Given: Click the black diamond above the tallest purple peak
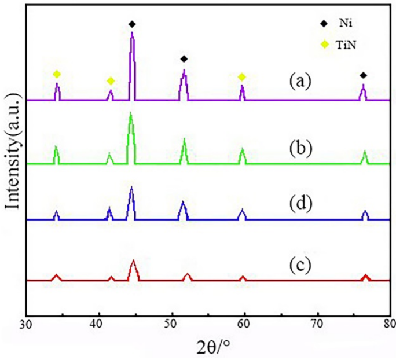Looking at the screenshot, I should (132, 24).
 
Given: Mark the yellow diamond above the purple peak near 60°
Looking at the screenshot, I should (242, 77).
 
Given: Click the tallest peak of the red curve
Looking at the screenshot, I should (134, 262).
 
